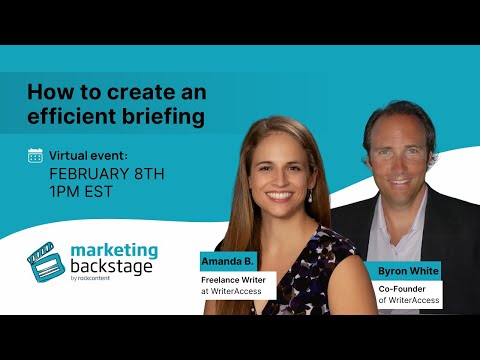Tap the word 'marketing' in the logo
(114, 249)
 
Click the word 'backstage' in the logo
(113, 267)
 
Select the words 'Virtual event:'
(88, 155)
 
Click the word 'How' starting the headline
(48, 91)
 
